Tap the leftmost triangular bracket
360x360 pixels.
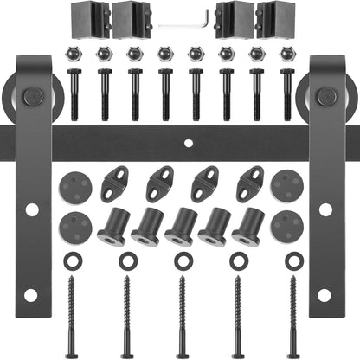point(115,183)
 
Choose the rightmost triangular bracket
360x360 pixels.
point(250,183)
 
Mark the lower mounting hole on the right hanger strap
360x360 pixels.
point(325,294)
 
